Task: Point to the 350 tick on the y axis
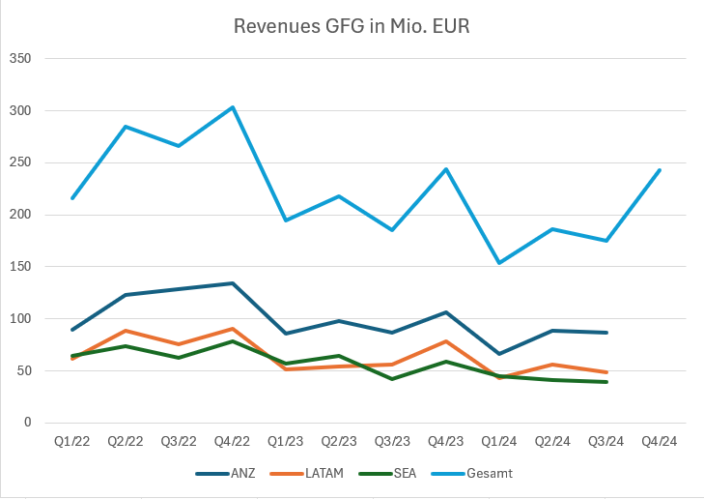point(20,59)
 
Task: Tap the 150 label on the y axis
point(20,267)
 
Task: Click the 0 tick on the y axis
point(27,423)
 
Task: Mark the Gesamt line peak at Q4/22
point(233,107)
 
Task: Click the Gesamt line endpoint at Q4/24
point(659,170)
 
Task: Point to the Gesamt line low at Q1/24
point(499,263)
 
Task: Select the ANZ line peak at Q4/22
point(233,283)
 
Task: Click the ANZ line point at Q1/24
point(499,354)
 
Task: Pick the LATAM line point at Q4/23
point(445,341)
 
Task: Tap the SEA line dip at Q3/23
point(392,379)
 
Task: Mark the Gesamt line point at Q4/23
point(445,169)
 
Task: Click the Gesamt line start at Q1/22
point(72,198)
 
